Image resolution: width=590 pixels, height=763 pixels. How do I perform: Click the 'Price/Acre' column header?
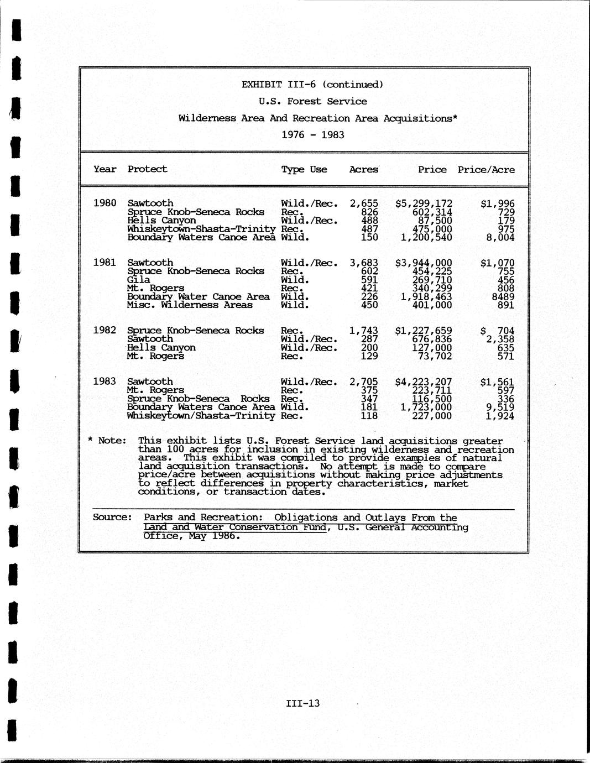[486, 169]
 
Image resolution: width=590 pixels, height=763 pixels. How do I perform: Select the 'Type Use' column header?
[304, 169]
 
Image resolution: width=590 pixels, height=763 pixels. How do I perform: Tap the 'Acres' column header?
[364, 169]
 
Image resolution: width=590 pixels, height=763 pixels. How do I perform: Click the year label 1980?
[105, 203]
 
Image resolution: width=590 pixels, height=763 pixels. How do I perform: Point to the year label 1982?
[105, 330]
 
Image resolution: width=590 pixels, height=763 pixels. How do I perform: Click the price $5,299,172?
[424, 203]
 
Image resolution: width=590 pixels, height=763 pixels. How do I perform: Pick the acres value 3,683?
[364, 263]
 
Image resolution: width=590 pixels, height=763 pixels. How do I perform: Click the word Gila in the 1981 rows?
[138, 280]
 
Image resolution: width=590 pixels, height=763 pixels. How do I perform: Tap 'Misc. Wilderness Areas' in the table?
[190, 305]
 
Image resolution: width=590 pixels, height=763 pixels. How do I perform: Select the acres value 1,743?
[364, 330]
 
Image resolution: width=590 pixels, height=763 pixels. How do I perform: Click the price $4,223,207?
[424, 381]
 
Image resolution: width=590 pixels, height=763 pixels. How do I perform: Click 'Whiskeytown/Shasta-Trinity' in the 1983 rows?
[201, 416]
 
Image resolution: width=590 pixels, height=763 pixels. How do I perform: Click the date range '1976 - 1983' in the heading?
[313, 134]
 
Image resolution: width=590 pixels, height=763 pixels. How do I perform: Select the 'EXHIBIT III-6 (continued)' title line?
[312, 85]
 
